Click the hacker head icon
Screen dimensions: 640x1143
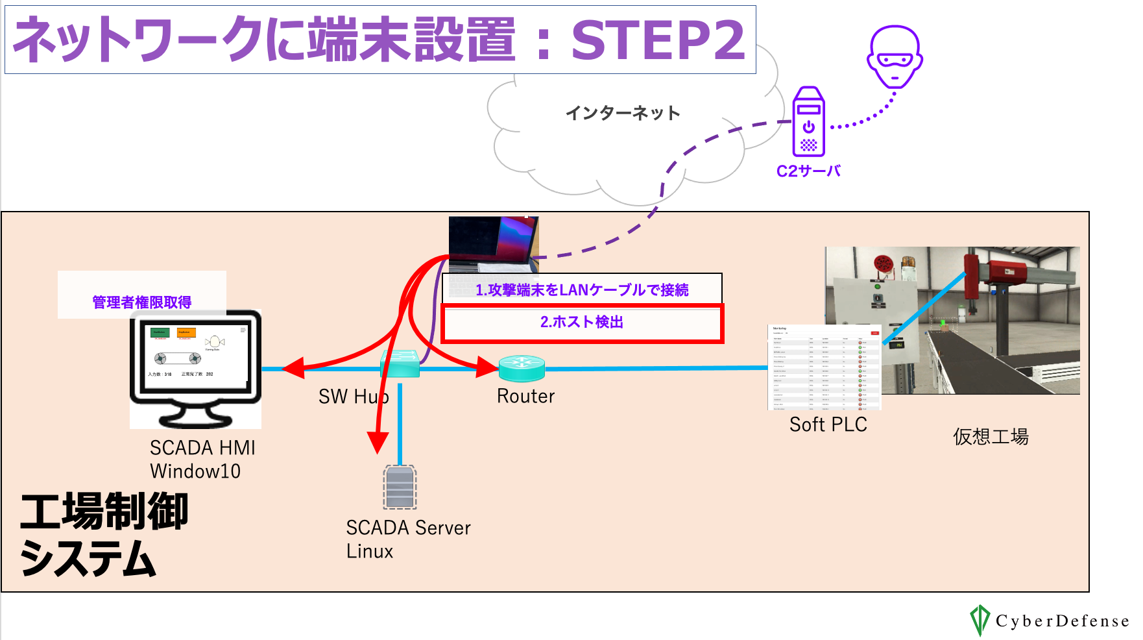895,57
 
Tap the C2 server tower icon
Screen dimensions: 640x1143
808,122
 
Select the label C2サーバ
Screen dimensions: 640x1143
808,171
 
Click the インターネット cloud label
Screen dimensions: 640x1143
623,113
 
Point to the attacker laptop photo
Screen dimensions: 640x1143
494,243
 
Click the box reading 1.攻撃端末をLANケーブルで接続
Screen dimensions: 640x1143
582,289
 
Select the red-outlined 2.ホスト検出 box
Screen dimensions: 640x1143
582,323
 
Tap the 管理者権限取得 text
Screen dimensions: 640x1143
142,302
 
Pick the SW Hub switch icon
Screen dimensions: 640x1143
400,364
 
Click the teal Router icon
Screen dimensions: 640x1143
522,368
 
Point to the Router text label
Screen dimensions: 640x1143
525,396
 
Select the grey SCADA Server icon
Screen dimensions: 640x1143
400,487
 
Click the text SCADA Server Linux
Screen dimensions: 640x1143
408,539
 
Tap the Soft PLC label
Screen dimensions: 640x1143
828,425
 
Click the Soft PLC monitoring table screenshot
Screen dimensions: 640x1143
824,367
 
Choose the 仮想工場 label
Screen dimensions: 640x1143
991,437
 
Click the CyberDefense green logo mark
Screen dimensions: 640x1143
979,620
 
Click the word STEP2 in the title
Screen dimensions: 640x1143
658,40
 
